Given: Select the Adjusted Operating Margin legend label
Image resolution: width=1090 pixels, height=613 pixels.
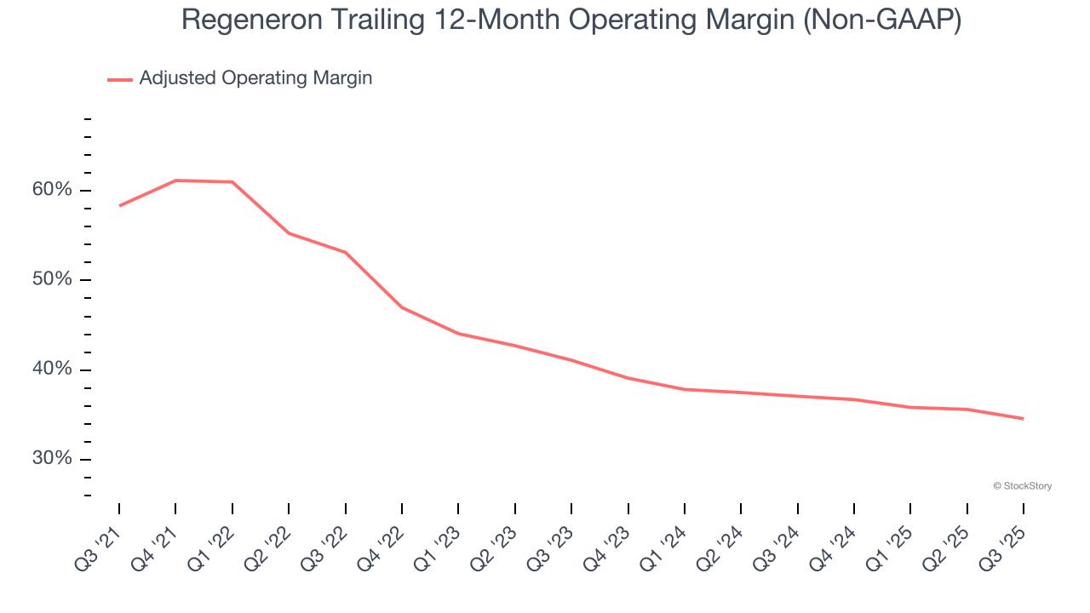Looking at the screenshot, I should tap(255, 78).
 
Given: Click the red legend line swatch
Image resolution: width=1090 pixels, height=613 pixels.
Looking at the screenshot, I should tap(120, 79).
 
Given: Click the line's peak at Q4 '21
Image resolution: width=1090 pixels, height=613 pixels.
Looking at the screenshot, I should tap(175, 180).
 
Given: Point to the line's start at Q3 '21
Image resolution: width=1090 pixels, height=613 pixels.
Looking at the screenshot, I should tap(119, 205).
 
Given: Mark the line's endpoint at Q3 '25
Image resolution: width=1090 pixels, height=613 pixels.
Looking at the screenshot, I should tap(1023, 418).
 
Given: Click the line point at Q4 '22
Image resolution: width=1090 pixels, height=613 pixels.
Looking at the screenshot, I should tap(402, 307).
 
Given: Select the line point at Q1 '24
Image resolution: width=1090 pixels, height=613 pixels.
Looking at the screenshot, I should tap(684, 389).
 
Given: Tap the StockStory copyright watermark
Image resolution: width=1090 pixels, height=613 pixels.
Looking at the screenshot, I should tap(1022, 486).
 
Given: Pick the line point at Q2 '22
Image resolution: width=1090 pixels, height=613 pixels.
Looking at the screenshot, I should tap(289, 232).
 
